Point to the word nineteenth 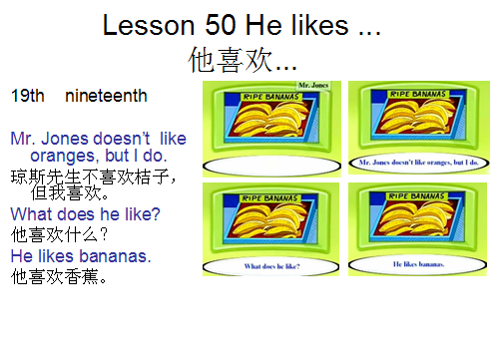106,97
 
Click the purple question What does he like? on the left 85,213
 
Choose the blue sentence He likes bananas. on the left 80,256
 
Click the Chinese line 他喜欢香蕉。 59,276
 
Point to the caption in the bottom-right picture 418,264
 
